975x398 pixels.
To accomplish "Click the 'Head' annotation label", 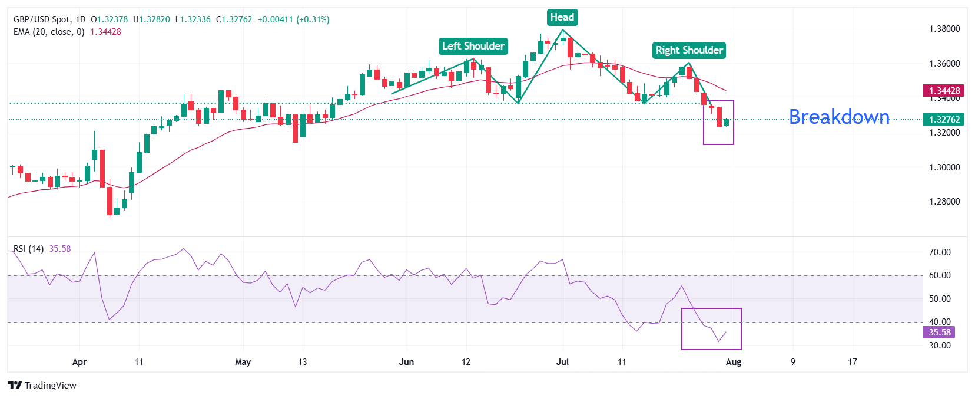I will pyautogui.click(x=562, y=17).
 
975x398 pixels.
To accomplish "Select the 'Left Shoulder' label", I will pyautogui.click(x=473, y=46).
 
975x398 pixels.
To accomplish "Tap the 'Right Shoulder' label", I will pyautogui.click(x=689, y=50).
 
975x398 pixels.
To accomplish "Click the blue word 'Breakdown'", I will pyautogui.click(x=838, y=117).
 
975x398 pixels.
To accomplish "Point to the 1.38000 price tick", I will pyautogui.click(x=944, y=29).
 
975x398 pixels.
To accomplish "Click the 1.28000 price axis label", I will pyautogui.click(x=944, y=202).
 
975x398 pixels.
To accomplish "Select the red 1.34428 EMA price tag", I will pyautogui.click(x=944, y=91).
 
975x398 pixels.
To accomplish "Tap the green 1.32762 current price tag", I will pyautogui.click(x=944, y=120).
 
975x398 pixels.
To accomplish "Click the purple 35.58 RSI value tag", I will pyautogui.click(x=940, y=333).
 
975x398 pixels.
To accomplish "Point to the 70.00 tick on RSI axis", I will pyautogui.click(x=940, y=252).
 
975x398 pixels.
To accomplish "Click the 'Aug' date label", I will pyautogui.click(x=734, y=362).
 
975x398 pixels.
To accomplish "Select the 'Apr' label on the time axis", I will pyautogui.click(x=79, y=362).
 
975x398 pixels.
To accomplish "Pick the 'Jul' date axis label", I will pyautogui.click(x=562, y=362).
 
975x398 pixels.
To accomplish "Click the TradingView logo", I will pyautogui.click(x=42, y=386).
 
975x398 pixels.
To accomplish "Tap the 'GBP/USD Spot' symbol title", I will pyautogui.click(x=41, y=19).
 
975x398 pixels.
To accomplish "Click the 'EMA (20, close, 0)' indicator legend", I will pyautogui.click(x=49, y=32).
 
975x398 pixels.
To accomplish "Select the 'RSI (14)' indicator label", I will pyautogui.click(x=28, y=249).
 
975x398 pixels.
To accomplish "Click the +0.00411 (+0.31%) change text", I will pyautogui.click(x=293, y=19).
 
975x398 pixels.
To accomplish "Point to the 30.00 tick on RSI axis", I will pyautogui.click(x=940, y=346).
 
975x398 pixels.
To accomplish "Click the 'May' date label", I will pyautogui.click(x=243, y=362).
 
